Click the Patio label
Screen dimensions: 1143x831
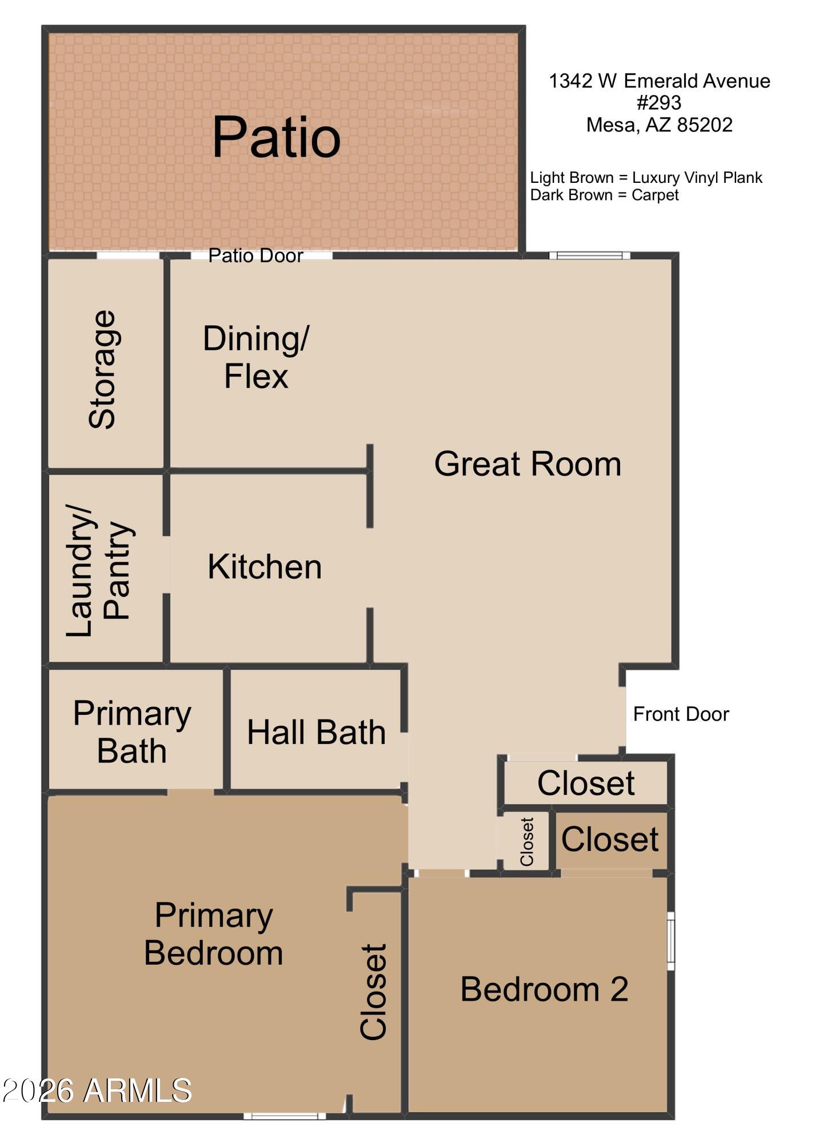276,137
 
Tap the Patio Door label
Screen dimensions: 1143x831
255,255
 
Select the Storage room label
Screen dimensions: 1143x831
103,370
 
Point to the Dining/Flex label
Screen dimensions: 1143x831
255,357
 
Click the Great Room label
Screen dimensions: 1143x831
527,463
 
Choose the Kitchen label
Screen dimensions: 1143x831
265,567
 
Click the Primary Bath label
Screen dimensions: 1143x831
132,732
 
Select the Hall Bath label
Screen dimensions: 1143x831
316,733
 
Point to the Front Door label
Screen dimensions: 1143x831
681,714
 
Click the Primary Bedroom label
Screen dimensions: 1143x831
214,934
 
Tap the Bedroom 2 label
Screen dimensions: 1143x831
544,989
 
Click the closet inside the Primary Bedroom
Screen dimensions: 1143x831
374,992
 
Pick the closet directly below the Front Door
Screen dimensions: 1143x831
585,783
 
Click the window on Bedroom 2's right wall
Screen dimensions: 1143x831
671,941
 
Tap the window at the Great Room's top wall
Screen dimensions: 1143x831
589,255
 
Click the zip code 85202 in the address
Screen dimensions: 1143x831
704,125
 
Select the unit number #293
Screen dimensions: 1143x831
659,103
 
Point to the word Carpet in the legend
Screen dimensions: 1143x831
655,195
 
